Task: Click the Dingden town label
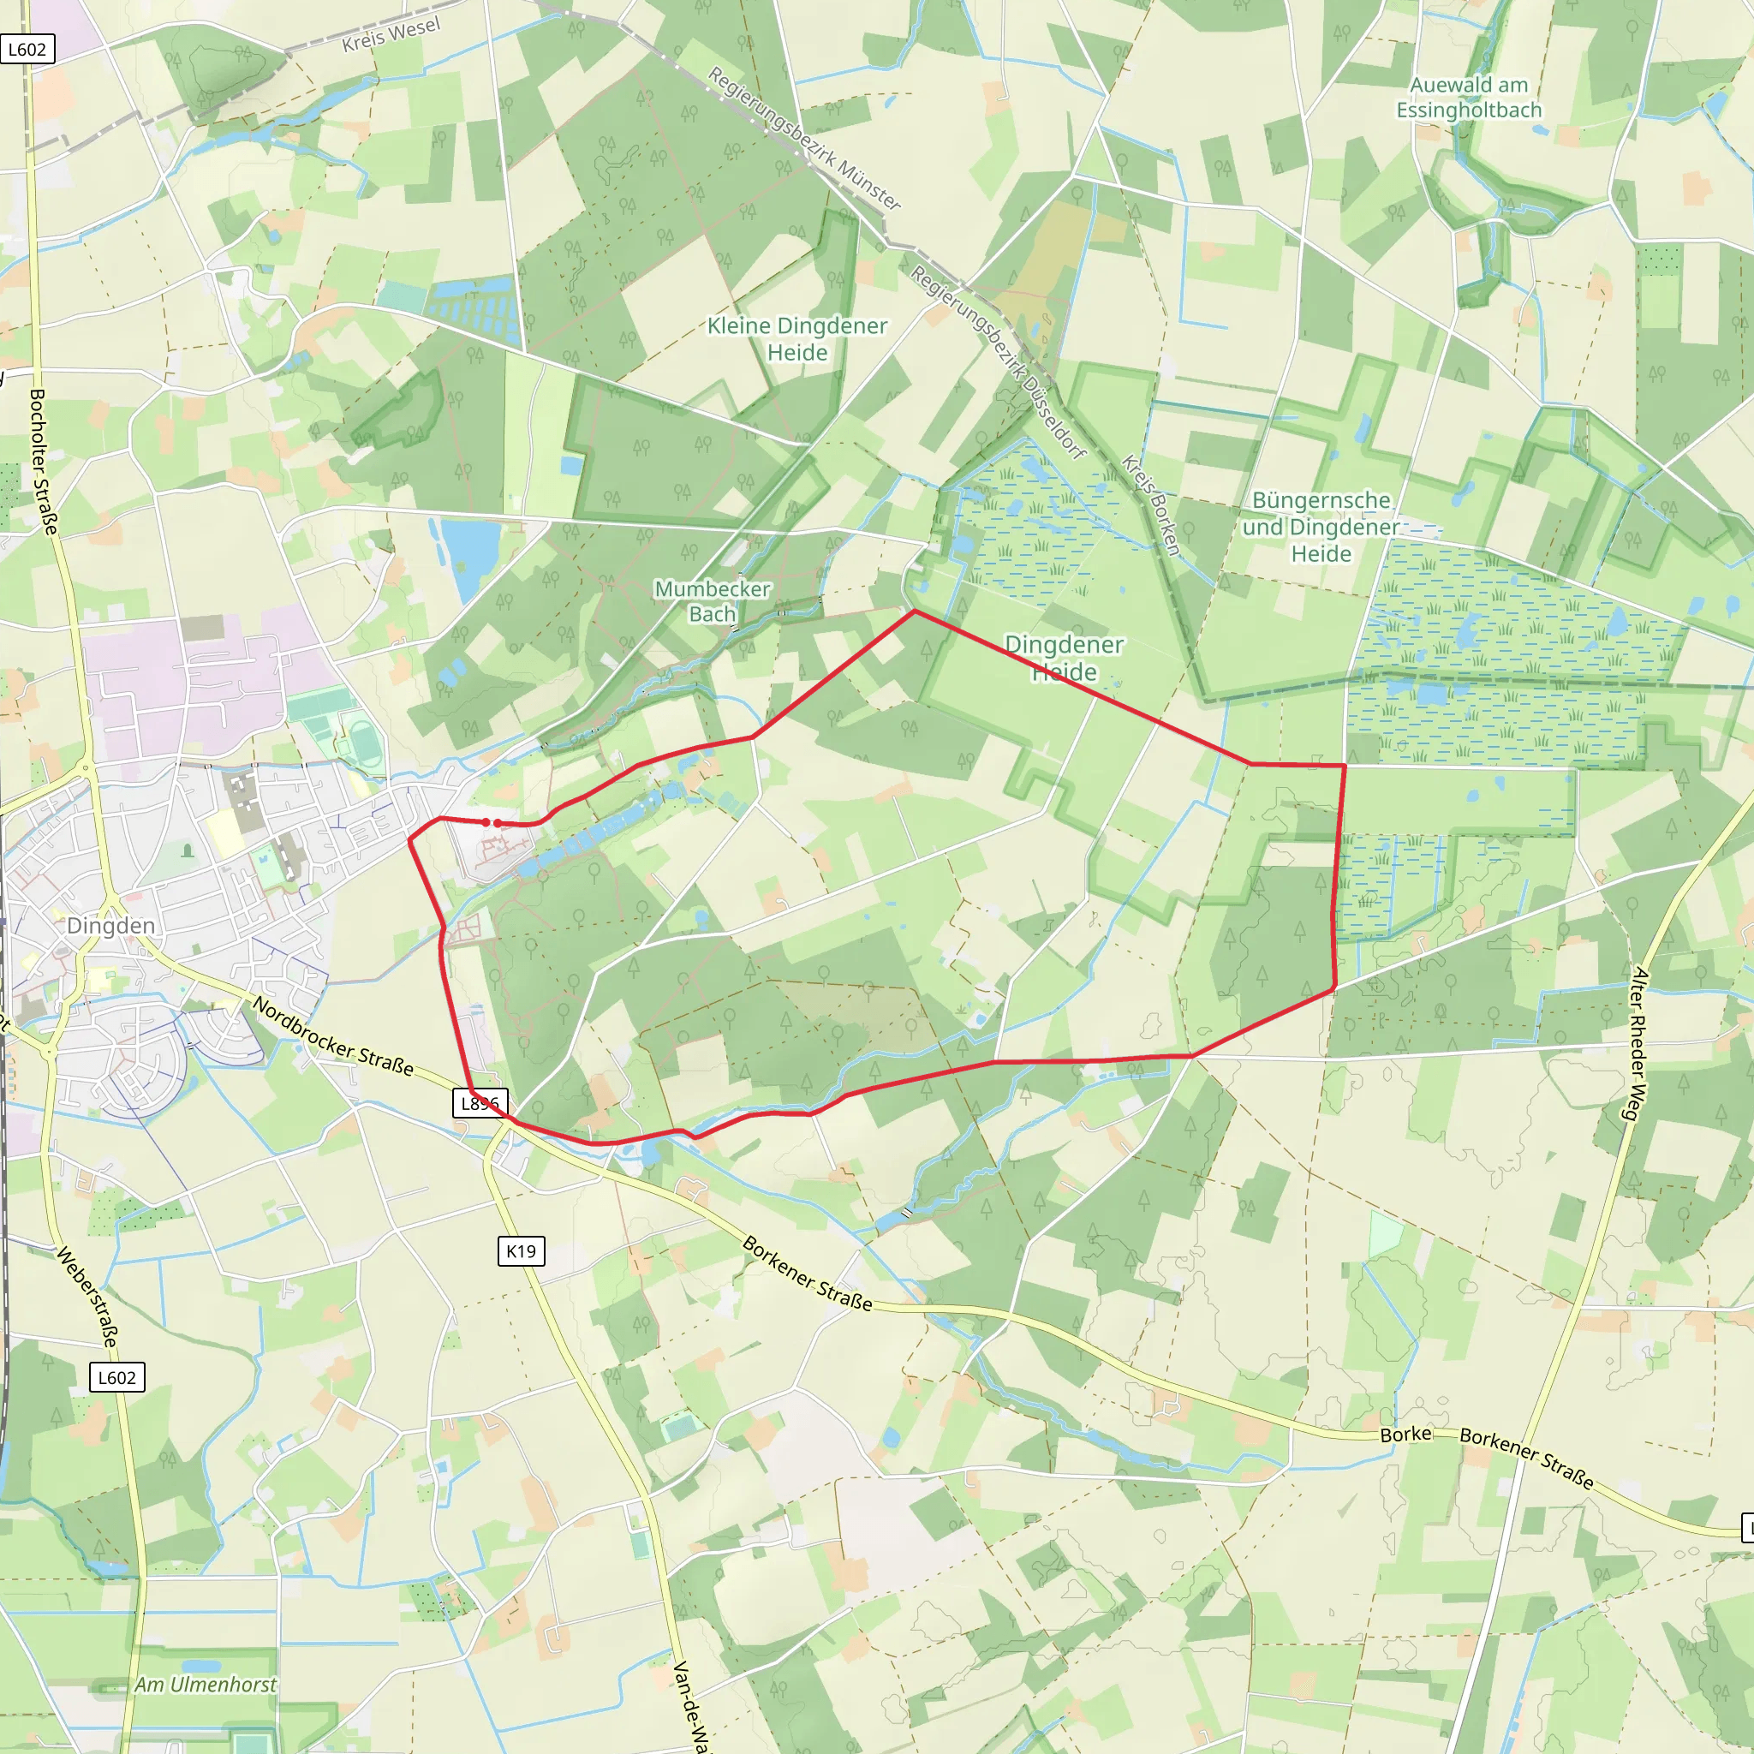[x=110, y=925]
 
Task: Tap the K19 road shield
[x=521, y=1250]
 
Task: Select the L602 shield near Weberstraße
[x=117, y=1377]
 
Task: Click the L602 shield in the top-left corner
[x=27, y=49]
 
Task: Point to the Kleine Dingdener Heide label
[x=797, y=338]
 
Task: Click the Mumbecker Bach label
[x=713, y=601]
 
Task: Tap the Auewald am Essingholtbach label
[x=1469, y=97]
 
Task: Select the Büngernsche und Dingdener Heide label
[x=1321, y=527]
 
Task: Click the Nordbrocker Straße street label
[x=333, y=1037]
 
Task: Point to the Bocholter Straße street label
[x=44, y=462]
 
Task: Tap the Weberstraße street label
[x=88, y=1297]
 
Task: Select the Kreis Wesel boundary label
[x=391, y=33]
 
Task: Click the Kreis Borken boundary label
[x=1150, y=504]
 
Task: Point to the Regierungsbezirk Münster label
[x=804, y=138]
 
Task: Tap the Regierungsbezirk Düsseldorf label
[x=999, y=362]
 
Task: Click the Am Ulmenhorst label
[x=206, y=1684]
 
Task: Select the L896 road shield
[x=480, y=1103]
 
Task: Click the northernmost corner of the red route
[x=914, y=611]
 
